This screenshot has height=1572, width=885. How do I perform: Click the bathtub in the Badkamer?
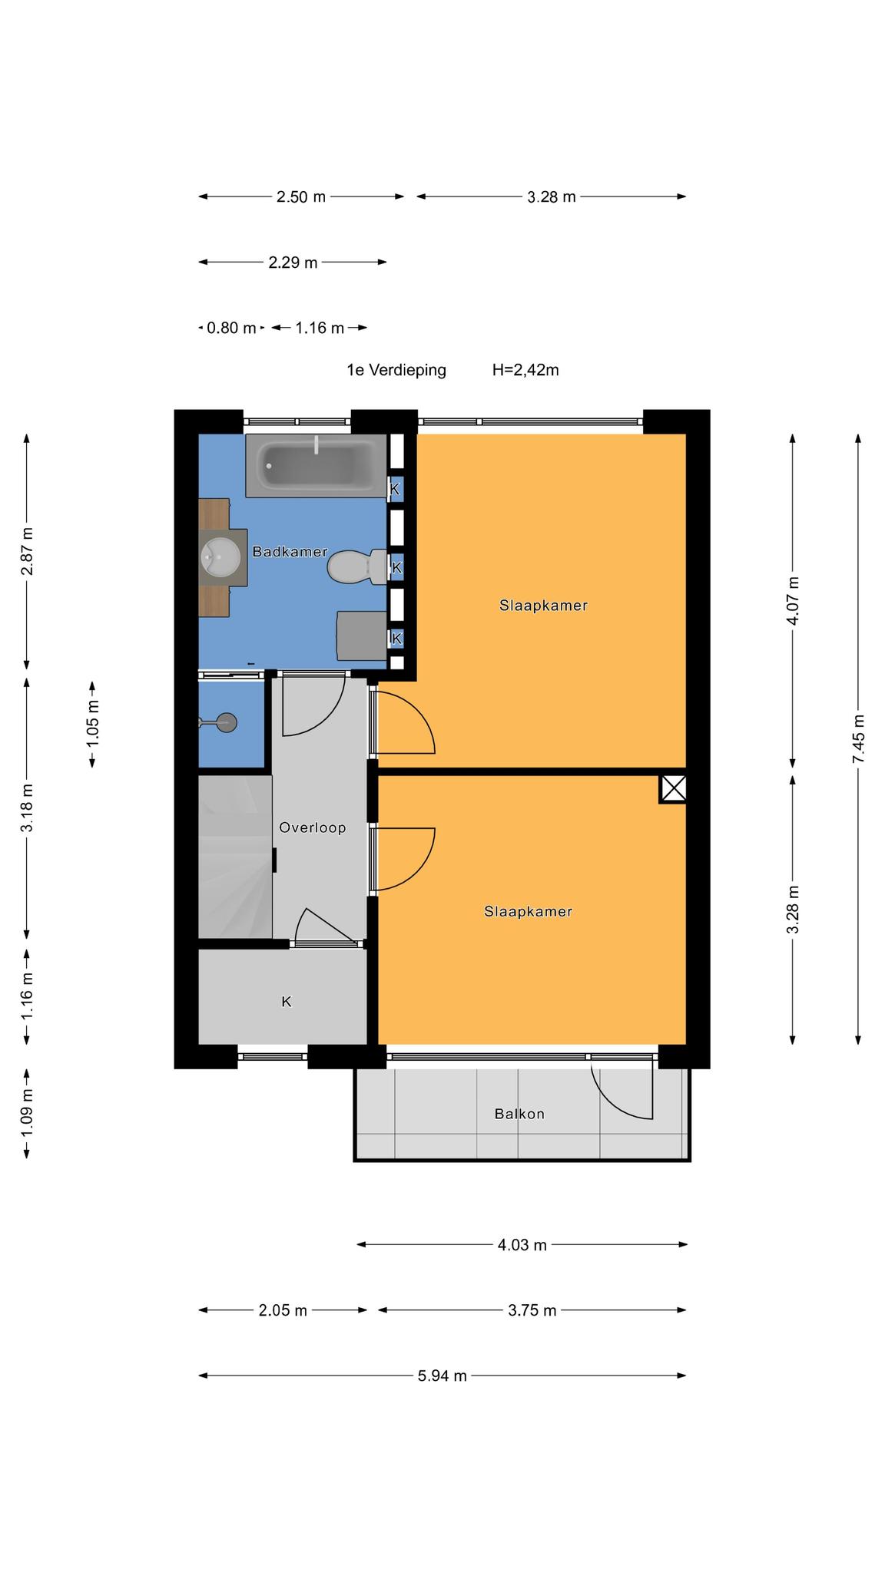[316, 465]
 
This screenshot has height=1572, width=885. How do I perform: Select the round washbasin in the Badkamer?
[220, 556]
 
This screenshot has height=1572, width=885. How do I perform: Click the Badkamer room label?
[290, 551]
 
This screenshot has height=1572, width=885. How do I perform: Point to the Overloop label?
[312, 827]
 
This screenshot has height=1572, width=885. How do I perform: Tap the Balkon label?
[519, 1114]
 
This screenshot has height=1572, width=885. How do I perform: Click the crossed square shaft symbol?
[673, 789]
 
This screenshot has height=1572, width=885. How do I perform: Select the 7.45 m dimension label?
[858, 738]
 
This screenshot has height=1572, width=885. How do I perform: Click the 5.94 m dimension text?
[442, 1375]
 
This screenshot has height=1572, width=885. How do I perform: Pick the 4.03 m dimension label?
[522, 1244]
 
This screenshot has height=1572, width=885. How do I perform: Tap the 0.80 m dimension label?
[231, 328]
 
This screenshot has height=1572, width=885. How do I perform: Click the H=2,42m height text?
[525, 370]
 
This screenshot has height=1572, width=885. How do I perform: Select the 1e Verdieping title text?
[396, 370]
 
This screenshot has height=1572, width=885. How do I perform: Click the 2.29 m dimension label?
[293, 263]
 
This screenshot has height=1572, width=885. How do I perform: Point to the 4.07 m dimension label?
[793, 600]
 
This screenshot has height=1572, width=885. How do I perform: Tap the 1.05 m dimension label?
[92, 723]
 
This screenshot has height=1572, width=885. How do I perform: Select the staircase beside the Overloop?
[235, 857]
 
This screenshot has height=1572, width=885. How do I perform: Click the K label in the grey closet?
[287, 1002]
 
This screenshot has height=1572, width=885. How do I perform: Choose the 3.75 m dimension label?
[532, 1310]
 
